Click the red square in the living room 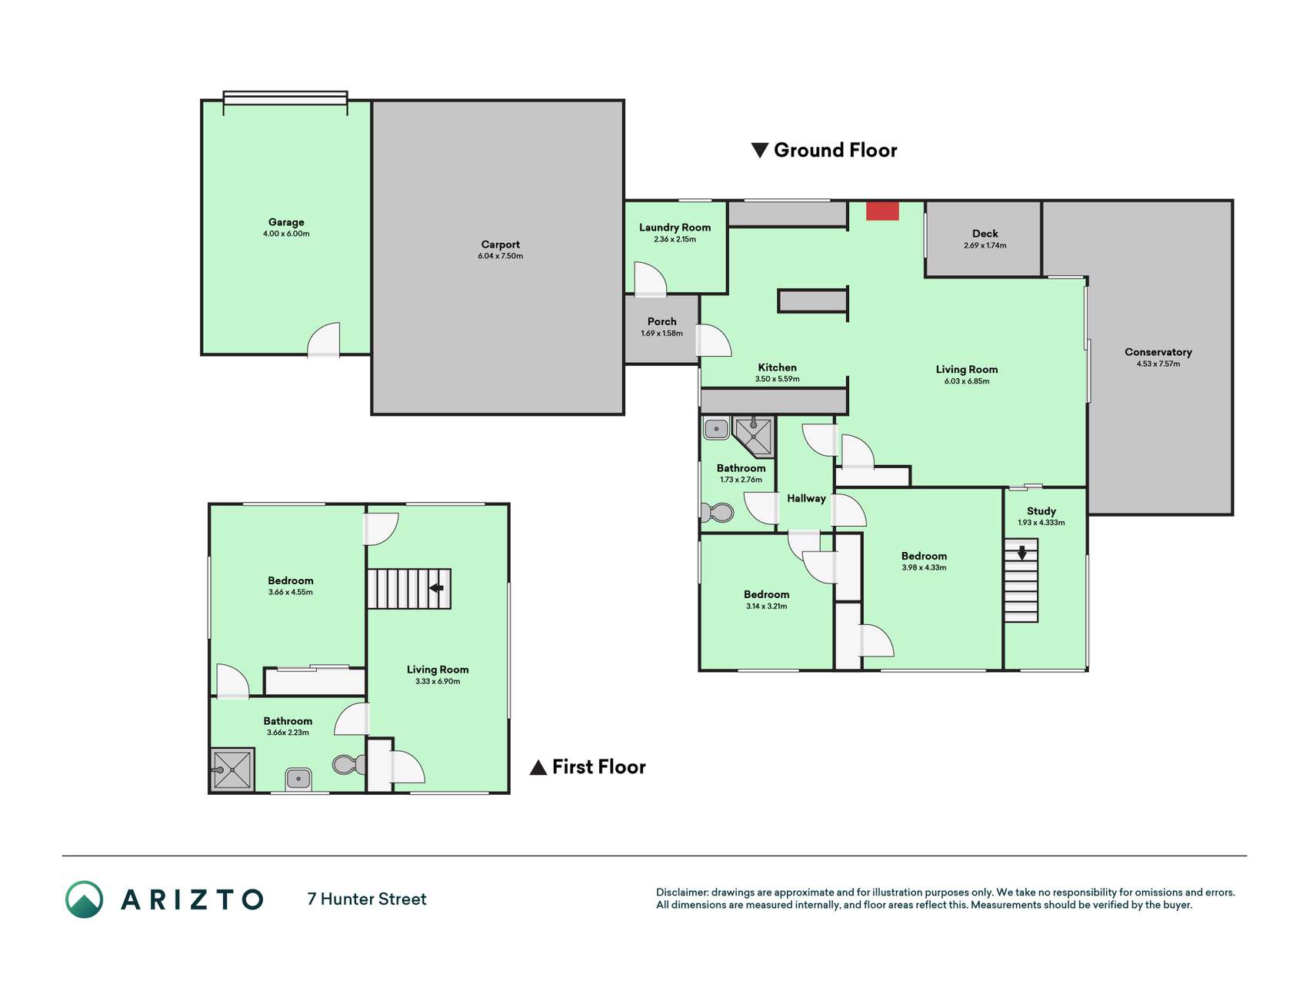pos(882,211)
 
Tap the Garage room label pos(286,222)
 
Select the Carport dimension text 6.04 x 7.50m pos(500,256)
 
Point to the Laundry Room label pos(675,228)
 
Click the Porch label pos(661,321)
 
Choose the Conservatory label pos(1158,352)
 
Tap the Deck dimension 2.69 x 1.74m pos(985,246)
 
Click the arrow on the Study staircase pos(1021,553)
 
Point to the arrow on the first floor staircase pos(436,588)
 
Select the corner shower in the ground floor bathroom pos(753,436)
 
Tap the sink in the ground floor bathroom pos(716,428)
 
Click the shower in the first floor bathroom pos(232,769)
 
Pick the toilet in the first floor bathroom pos(349,764)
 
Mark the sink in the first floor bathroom pos(298,780)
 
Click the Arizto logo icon pos(84,899)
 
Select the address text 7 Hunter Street pos(367,899)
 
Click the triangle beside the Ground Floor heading pos(760,150)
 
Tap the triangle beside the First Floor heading pos(538,767)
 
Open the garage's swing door pos(323,340)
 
